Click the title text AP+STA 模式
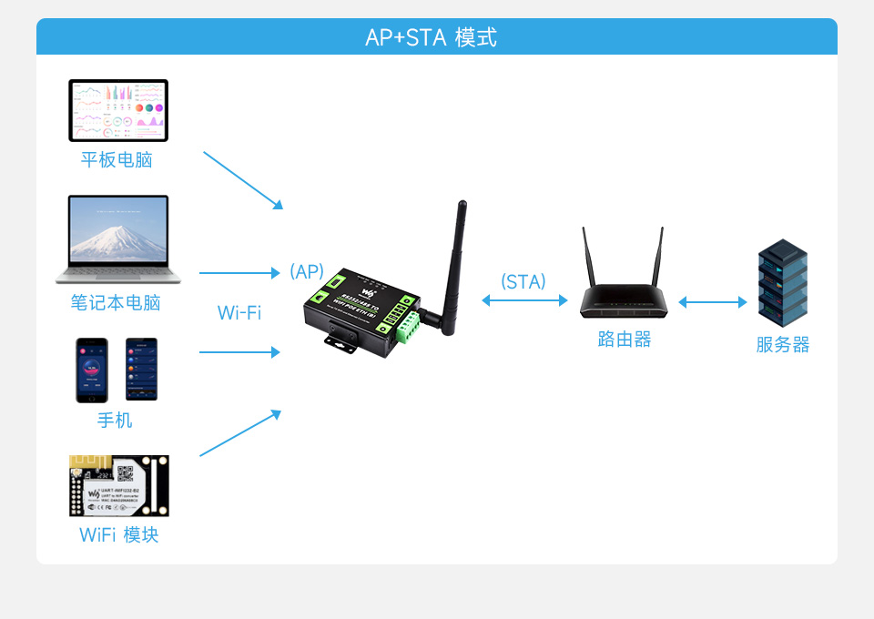[x=431, y=37]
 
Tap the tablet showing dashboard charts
[x=118, y=110]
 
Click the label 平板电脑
[x=117, y=160]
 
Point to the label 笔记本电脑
[x=116, y=302]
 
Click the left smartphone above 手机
[x=91, y=370]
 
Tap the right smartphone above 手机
[x=141, y=370]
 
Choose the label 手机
[x=115, y=420]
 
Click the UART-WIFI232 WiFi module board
[x=118, y=486]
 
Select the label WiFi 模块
[x=118, y=534]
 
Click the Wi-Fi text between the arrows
[x=239, y=313]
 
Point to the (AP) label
[x=307, y=271]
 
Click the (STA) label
[x=523, y=282]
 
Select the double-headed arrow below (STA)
[x=524, y=300]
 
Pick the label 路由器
[x=625, y=340]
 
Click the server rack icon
[x=783, y=283]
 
